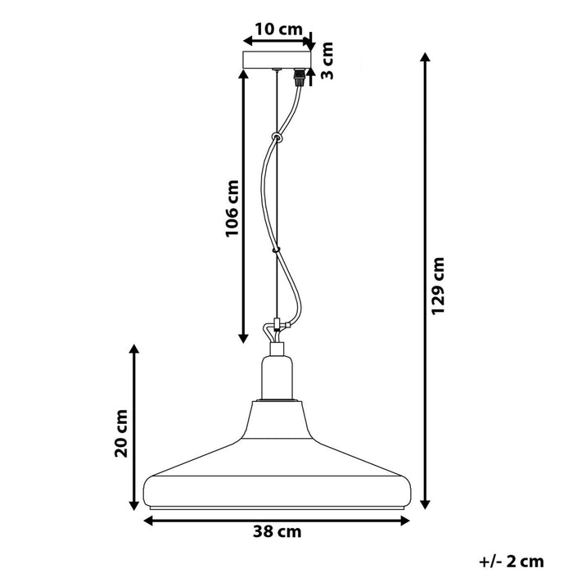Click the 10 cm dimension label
278,29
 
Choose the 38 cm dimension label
276,531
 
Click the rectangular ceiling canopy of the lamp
278,61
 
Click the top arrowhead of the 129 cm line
426,57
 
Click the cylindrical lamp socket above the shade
276,377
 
